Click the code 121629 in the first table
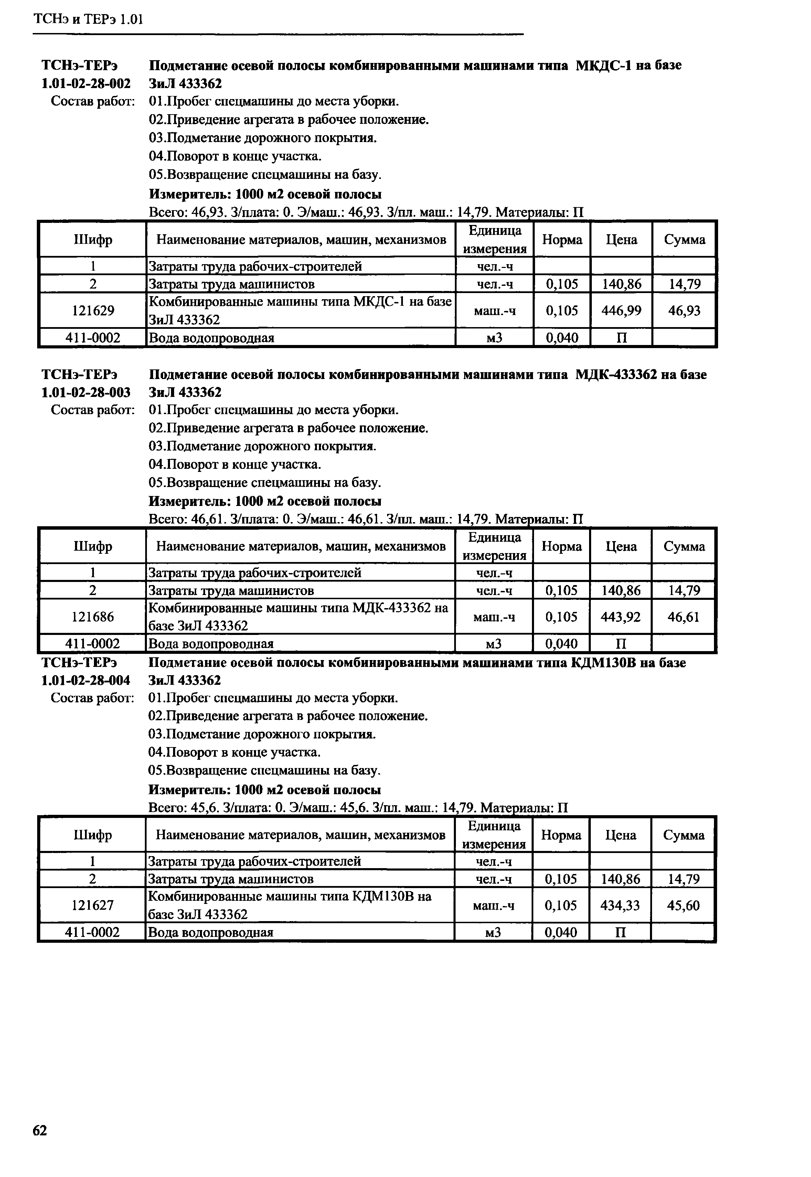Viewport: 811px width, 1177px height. coord(93,310)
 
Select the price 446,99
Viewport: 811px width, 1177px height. coord(621,310)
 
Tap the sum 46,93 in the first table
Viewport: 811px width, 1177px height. coord(684,310)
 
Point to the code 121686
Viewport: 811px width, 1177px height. coord(93,617)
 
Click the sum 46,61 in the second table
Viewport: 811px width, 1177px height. coord(683,617)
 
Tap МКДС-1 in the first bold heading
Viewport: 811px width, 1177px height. coord(604,66)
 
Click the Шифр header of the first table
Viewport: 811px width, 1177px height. coord(93,239)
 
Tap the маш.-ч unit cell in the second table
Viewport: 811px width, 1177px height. coord(494,617)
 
